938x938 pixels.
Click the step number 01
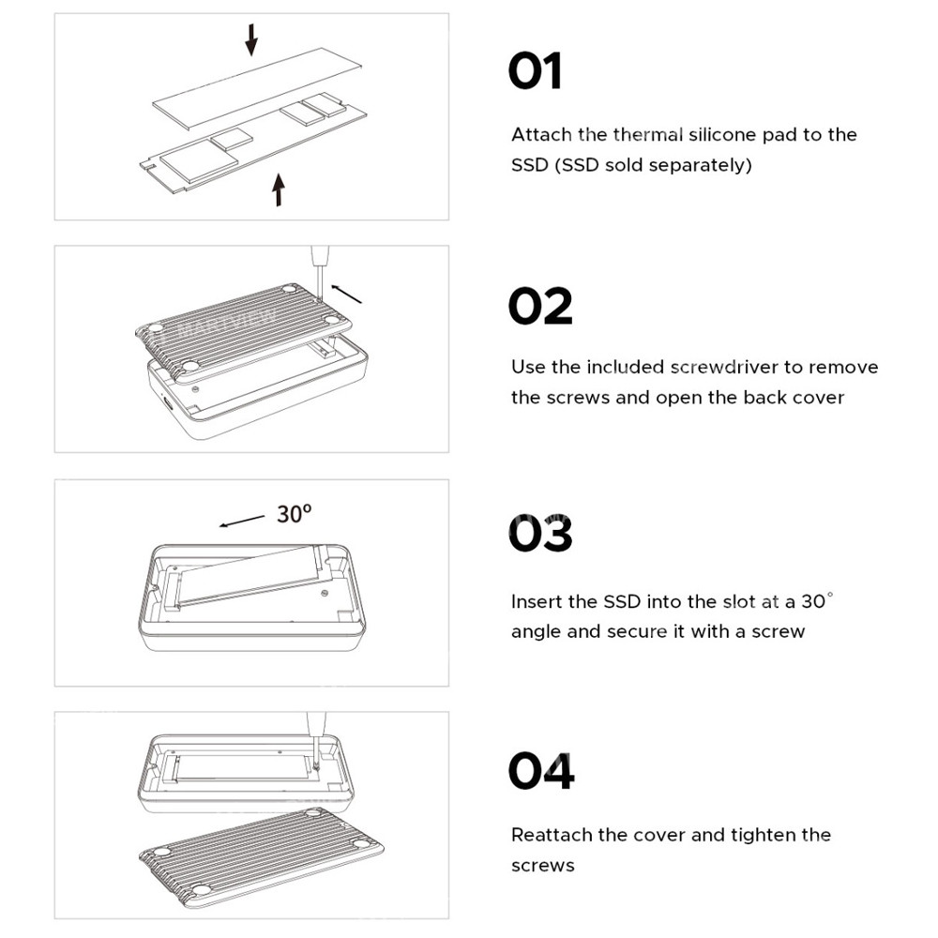point(535,72)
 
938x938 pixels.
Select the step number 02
point(540,306)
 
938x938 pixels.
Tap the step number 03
point(540,536)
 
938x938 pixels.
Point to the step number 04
point(541,771)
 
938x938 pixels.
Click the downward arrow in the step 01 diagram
point(250,39)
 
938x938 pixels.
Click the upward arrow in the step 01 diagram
point(278,189)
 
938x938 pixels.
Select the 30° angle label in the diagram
point(294,514)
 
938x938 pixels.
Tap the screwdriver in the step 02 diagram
point(320,267)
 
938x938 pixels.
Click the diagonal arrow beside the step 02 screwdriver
point(348,294)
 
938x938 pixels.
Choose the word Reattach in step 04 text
point(552,835)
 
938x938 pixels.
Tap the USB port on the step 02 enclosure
point(168,403)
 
